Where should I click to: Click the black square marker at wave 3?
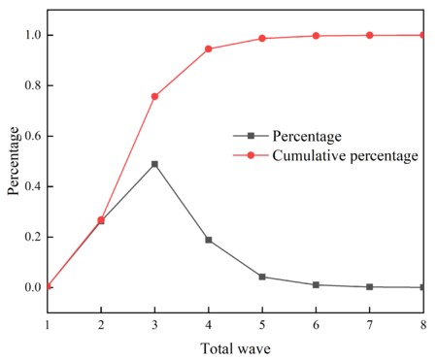[154, 164]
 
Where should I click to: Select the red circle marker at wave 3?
[154, 96]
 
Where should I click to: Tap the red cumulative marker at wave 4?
[208, 49]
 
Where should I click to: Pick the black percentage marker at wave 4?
[208, 239]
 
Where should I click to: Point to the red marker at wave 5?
[261, 39]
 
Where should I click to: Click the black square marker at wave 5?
[261, 277]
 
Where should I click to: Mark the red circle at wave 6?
[316, 36]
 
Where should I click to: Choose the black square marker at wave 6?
[316, 284]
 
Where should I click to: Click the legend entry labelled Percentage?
[306, 135]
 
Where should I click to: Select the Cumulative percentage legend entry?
[345, 155]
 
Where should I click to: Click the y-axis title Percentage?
[14, 161]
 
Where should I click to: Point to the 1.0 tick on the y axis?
[29, 35]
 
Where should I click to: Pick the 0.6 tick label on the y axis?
[29, 136]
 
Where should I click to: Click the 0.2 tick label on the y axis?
[29, 237]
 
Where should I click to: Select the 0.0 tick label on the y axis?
[29, 287]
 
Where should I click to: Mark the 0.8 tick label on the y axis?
[29, 85]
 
